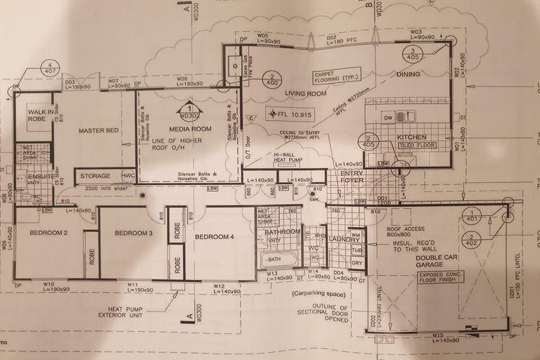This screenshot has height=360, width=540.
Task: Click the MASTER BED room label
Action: (x=97, y=131)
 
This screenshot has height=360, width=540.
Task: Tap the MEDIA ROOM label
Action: (x=190, y=129)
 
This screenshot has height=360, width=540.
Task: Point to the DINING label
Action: (x=408, y=75)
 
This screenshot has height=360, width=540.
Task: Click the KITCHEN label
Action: (x=412, y=136)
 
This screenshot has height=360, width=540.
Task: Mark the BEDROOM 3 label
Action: (x=134, y=233)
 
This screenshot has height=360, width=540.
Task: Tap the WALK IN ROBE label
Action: (x=37, y=116)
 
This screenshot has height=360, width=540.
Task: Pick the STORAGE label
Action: (x=95, y=176)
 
